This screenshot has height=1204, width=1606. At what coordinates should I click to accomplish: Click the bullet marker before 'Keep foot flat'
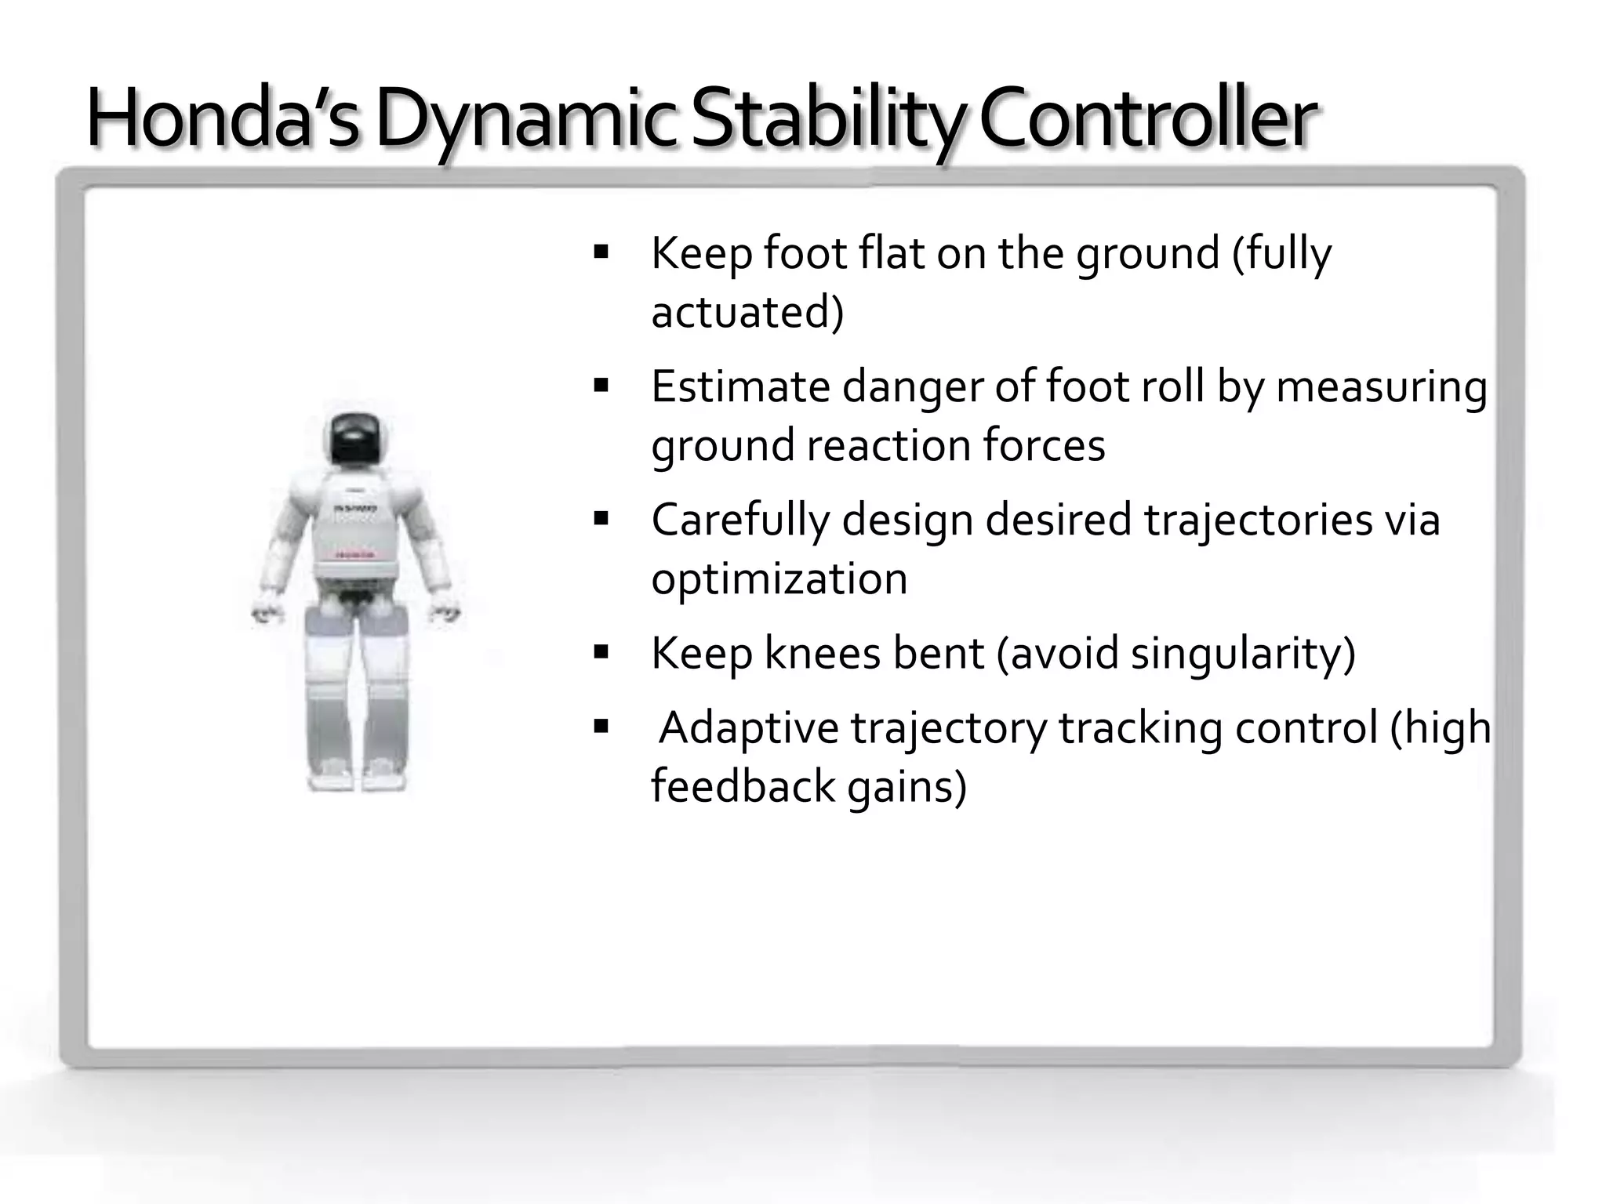click(601, 252)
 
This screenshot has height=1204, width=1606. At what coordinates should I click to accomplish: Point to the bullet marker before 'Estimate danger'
click(601, 386)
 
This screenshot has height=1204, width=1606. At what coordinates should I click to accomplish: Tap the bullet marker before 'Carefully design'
click(601, 519)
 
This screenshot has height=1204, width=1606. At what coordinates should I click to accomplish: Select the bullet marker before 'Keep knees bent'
click(601, 652)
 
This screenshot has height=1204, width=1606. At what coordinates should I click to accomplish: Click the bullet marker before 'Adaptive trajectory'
click(601, 727)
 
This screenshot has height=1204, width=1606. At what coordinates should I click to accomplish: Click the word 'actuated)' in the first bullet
click(747, 312)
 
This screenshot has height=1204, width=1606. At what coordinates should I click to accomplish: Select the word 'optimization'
click(779, 578)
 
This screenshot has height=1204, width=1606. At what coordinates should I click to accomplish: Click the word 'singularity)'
click(1242, 653)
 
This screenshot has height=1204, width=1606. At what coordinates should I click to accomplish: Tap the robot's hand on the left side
click(267, 612)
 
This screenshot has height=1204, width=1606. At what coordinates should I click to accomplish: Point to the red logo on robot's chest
click(355, 555)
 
